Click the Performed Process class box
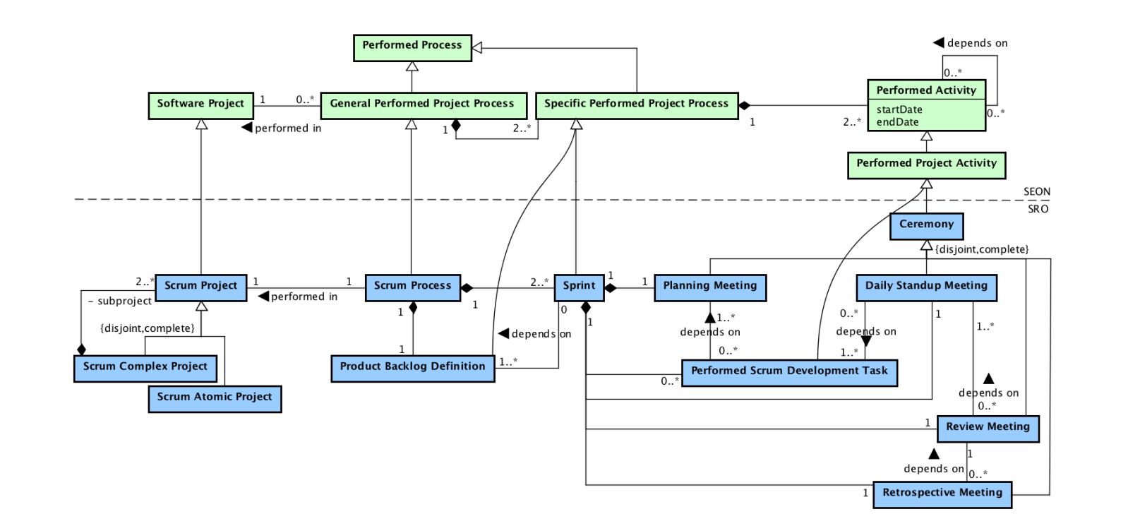click(412, 47)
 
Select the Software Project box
click(200, 105)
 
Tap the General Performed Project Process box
click(423, 105)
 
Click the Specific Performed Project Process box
click(636, 105)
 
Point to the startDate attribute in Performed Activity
click(899, 109)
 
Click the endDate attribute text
click(897, 122)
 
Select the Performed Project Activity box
click(926, 165)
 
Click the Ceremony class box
click(926, 226)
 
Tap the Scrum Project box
click(200, 287)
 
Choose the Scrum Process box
click(412, 287)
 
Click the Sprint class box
click(579, 287)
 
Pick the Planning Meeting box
click(709, 287)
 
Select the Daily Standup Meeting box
click(926, 287)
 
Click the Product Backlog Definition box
click(412, 368)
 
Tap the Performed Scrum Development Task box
click(789, 372)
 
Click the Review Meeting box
click(988, 429)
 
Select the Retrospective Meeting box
click(942, 494)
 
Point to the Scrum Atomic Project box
click(215, 398)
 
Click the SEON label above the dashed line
click(1036, 191)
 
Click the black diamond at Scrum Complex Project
click(81, 349)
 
